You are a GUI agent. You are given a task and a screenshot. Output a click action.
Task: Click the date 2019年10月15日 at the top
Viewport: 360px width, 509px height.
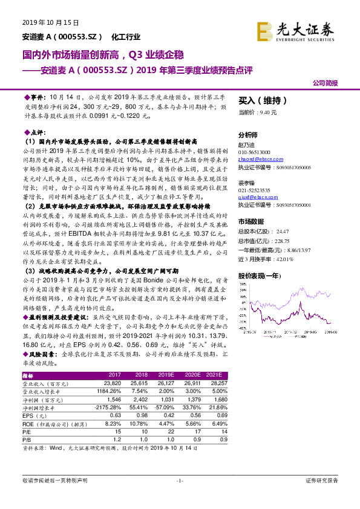46,22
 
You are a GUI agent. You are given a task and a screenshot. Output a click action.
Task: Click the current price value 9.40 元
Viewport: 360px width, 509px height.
267,112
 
